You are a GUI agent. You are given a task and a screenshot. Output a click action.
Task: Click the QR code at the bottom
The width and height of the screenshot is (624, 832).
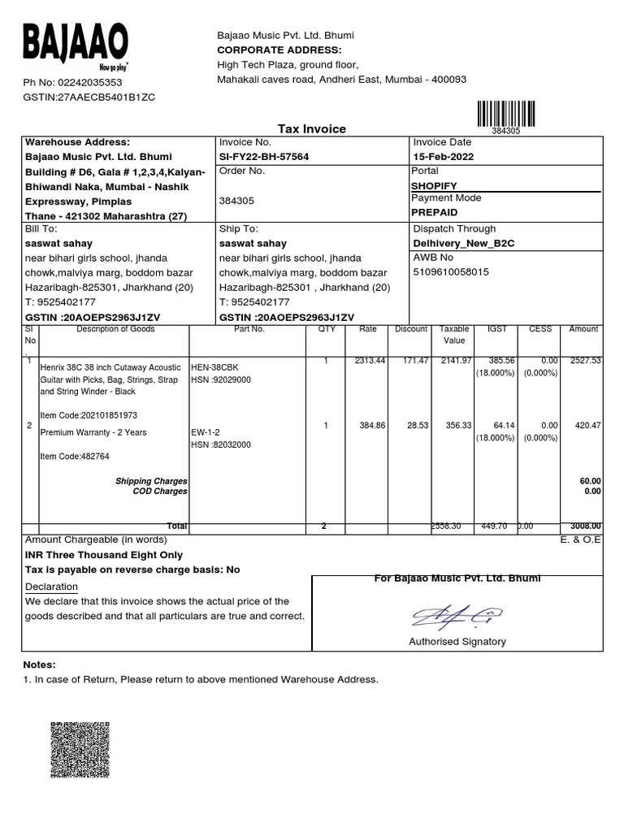click(x=80, y=750)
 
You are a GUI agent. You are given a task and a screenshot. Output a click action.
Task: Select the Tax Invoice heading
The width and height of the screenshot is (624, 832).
click(x=312, y=129)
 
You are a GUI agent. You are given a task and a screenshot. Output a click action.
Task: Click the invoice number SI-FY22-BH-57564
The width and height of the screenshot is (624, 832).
click(x=264, y=157)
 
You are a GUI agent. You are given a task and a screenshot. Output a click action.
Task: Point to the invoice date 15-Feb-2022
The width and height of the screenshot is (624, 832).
click(x=444, y=157)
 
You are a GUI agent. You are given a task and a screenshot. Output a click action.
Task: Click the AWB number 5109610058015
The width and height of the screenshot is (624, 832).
click(x=452, y=272)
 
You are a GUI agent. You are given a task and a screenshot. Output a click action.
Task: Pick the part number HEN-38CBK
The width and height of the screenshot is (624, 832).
click(x=214, y=367)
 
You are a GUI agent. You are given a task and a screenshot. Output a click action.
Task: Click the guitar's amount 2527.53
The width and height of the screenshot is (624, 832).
click(x=584, y=361)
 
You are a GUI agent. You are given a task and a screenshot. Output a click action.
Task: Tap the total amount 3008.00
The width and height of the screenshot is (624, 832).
click(x=584, y=526)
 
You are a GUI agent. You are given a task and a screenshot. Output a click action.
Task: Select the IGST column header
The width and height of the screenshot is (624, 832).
click(x=496, y=329)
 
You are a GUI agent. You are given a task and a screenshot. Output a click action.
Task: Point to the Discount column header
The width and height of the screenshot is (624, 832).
click(x=411, y=329)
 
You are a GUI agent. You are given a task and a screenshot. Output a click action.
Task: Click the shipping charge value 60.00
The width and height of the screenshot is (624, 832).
click(x=590, y=481)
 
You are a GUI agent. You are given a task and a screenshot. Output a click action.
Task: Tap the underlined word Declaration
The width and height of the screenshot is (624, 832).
click(x=51, y=587)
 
